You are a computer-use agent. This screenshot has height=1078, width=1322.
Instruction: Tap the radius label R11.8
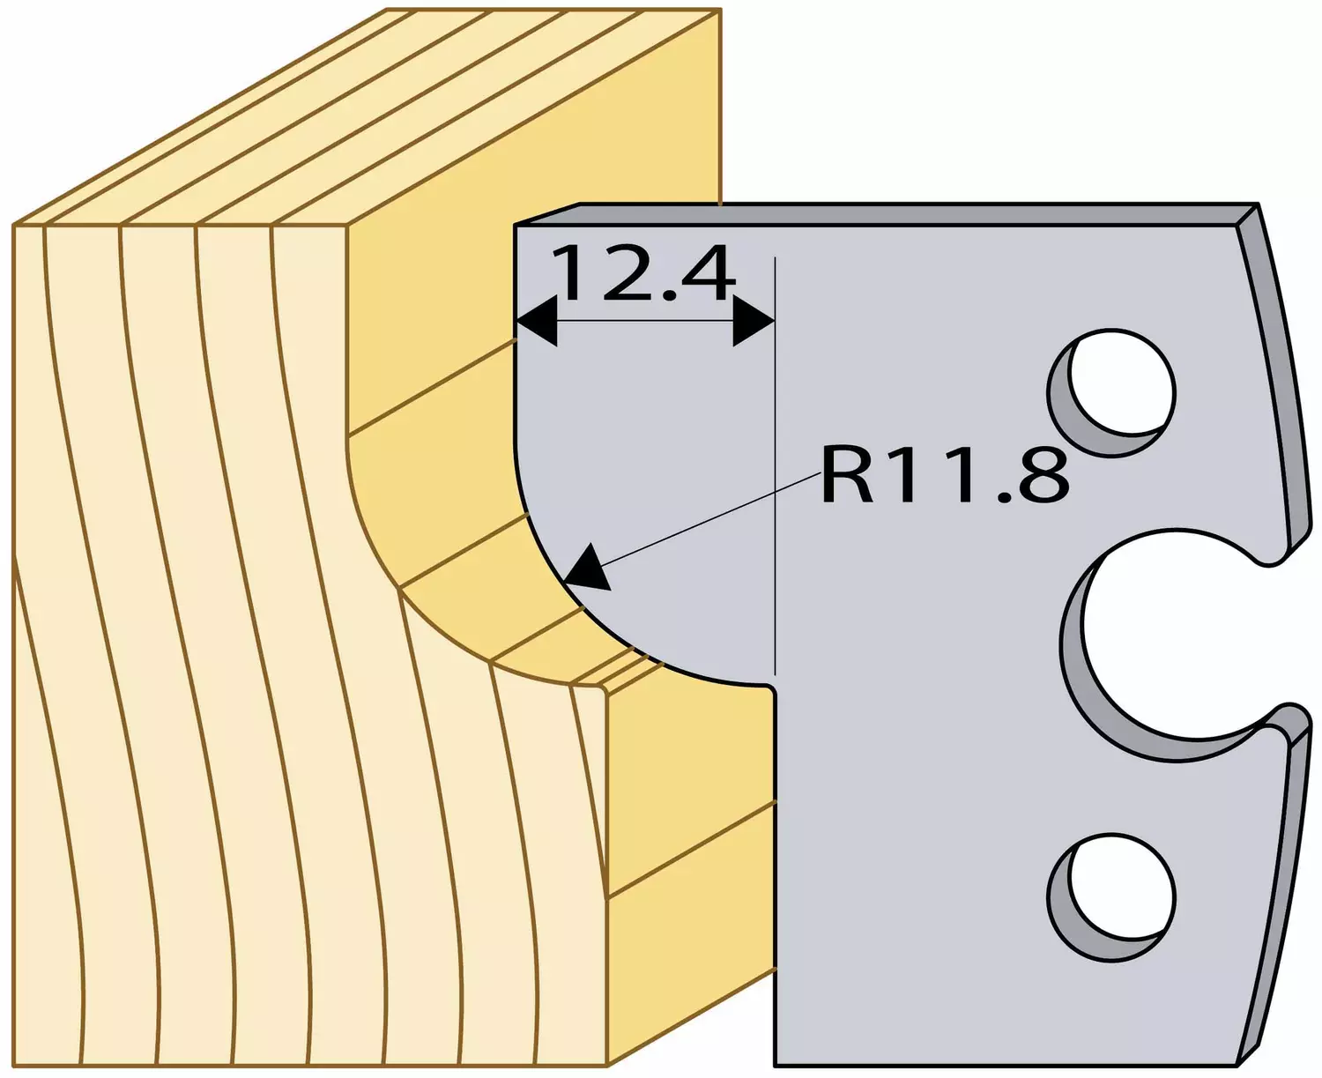click(945, 474)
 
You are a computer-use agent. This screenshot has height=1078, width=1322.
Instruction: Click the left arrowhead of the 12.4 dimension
click(536, 322)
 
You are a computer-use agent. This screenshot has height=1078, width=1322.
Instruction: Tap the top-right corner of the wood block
click(720, 10)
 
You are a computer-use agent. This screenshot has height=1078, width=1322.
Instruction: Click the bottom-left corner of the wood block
click(13, 1065)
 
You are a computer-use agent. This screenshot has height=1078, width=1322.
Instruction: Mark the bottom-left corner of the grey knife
click(776, 1065)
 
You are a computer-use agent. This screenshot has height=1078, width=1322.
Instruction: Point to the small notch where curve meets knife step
click(772, 690)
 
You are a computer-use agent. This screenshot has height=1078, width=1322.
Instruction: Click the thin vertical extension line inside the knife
click(776, 465)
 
